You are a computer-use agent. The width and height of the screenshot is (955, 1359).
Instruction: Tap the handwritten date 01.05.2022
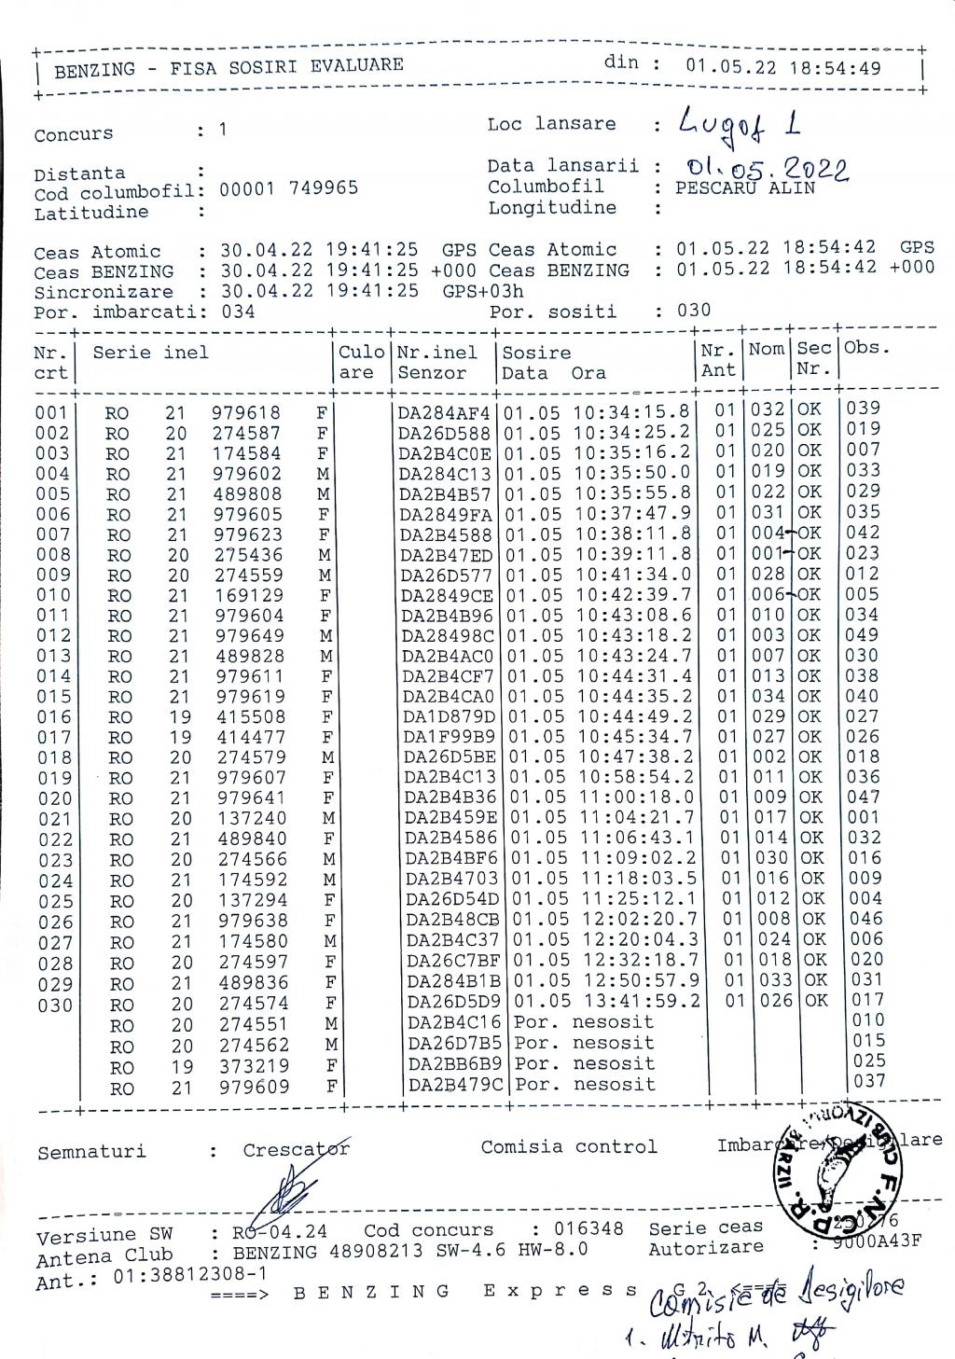tap(767, 169)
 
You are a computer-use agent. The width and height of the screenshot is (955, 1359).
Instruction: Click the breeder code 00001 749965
tap(288, 188)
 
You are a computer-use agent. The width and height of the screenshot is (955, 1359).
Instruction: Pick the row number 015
tap(52, 698)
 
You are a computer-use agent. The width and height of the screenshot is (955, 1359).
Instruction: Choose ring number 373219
tap(254, 1065)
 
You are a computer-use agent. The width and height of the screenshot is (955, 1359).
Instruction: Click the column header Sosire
tap(536, 353)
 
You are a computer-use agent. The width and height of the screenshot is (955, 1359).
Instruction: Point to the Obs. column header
tap(866, 348)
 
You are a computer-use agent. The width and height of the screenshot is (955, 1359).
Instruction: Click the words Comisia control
tap(569, 1147)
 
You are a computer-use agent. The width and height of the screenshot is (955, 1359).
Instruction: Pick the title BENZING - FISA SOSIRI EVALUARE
tap(228, 66)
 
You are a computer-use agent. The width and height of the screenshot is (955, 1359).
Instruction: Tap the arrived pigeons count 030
tap(693, 310)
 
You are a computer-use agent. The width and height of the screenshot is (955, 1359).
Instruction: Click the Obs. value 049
tap(862, 635)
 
